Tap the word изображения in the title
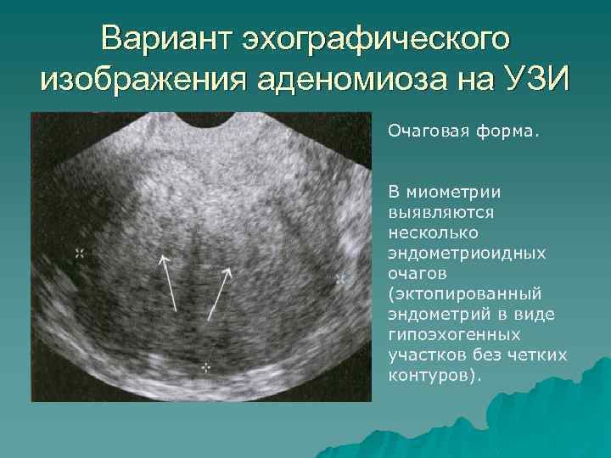coord(143,81)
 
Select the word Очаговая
coord(429,131)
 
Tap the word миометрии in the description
coord(453,193)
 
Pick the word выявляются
coord(441,213)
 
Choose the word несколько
coord(433,233)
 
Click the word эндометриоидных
coord(467,254)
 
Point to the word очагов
coord(418,274)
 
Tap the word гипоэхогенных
coord(454,335)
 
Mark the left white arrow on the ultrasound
coord(168,283)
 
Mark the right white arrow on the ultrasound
coord(220,293)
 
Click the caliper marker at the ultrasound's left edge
coord(80,254)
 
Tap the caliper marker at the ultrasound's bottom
coord(206,367)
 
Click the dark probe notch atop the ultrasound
coord(206,120)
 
